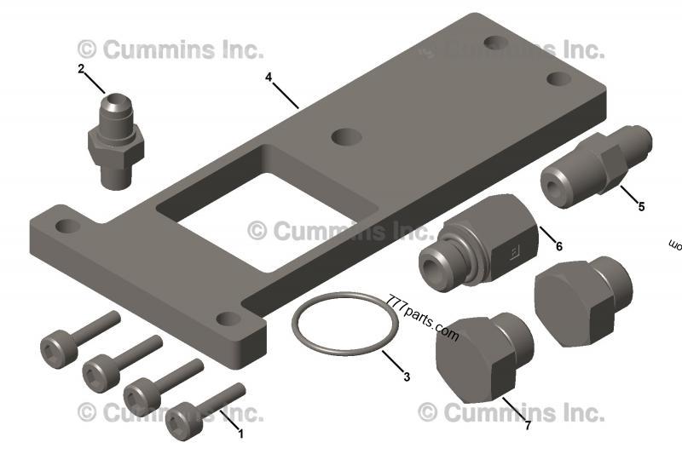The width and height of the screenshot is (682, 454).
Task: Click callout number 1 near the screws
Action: (240, 434)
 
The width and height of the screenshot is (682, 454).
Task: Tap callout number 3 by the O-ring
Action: (406, 376)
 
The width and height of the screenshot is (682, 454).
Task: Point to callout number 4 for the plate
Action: (269, 78)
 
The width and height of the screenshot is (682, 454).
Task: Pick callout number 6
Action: (559, 246)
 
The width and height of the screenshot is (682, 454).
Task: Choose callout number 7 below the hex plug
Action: (528, 425)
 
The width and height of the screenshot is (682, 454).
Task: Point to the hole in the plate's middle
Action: (344, 136)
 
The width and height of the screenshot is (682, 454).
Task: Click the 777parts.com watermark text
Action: (423, 319)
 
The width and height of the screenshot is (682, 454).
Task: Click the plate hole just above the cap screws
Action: (227, 319)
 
